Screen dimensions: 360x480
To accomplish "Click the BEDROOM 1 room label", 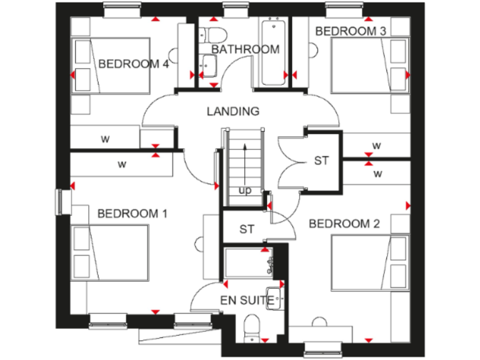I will click(x=132, y=214).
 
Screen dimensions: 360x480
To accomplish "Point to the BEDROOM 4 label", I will click(x=134, y=63).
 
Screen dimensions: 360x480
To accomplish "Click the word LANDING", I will click(x=233, y=111).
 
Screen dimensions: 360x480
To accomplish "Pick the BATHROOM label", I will click(x=245, y=49).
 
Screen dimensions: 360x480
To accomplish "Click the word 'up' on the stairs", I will click(x=244, y=190).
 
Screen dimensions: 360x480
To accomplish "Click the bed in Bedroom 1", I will click(x=111, y=253).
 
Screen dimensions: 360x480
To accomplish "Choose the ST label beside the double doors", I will click(x=321, y=161).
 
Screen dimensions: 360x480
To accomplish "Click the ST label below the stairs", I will click(x=247, y=229).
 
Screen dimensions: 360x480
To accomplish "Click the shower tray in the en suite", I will click(x=247, y=261).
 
